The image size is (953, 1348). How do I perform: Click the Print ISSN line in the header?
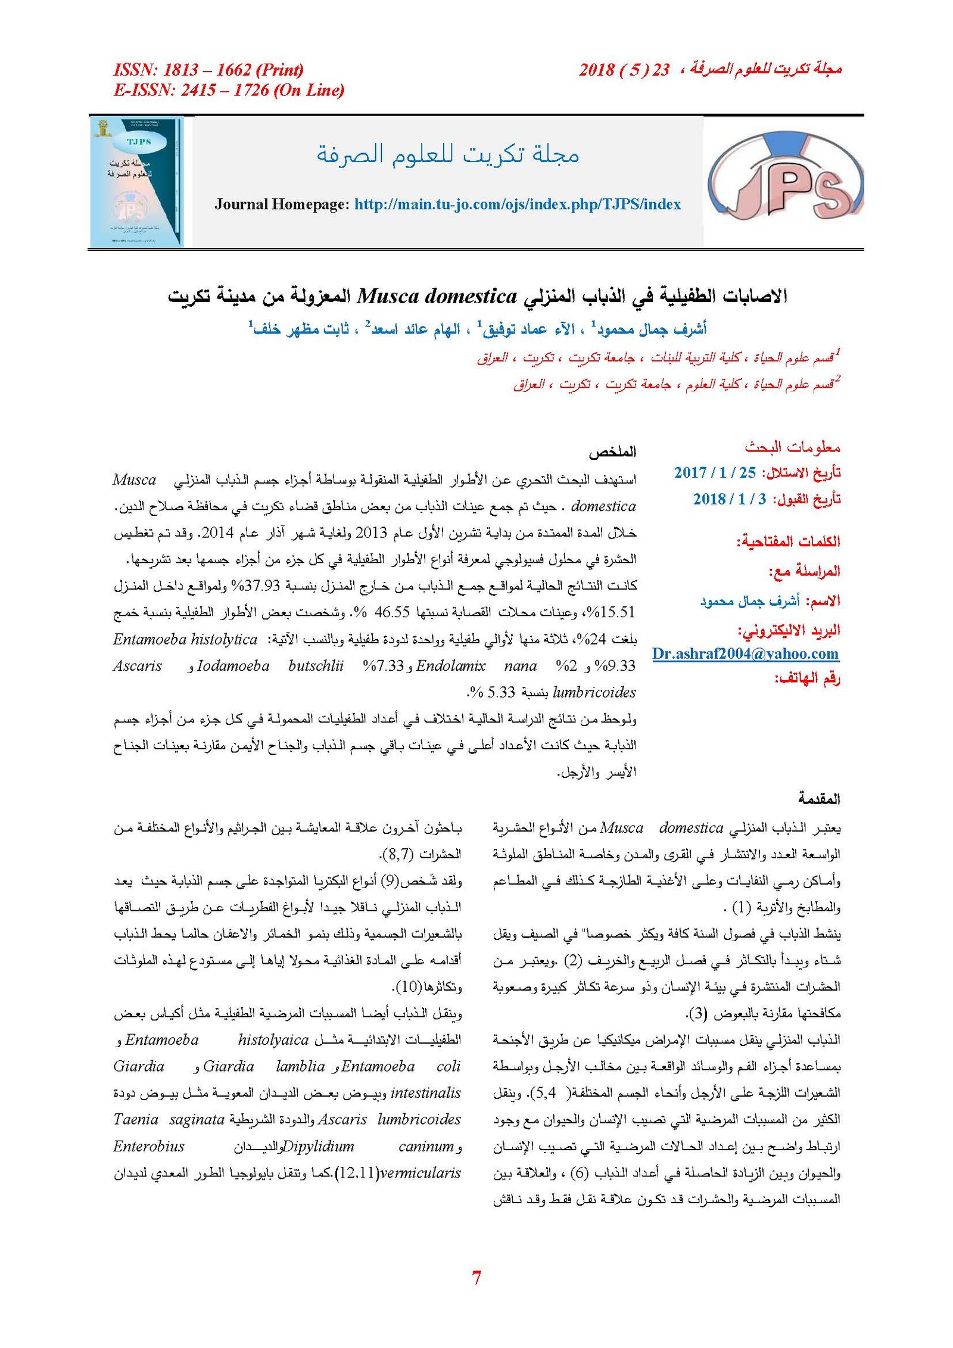[208, 70]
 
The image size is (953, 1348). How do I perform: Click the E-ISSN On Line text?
[229, 91]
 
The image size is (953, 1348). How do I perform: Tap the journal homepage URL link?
[517, 204]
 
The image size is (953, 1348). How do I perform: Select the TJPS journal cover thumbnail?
[137, 182]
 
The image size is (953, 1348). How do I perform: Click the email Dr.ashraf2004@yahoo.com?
[745, 654]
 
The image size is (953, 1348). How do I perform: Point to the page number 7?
[476, 1278]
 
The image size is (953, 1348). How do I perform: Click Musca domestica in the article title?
[437, 296]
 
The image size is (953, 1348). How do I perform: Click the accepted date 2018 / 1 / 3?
[730, 499]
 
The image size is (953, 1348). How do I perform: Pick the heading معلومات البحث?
[792, 447]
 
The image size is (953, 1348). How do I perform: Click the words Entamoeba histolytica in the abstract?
[185, 640]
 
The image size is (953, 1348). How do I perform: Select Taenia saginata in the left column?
[169, 1119]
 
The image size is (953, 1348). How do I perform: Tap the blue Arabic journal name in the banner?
[447, 155]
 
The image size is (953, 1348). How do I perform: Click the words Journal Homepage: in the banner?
[281, 204]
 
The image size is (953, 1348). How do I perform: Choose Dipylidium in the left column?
[318, 1146]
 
